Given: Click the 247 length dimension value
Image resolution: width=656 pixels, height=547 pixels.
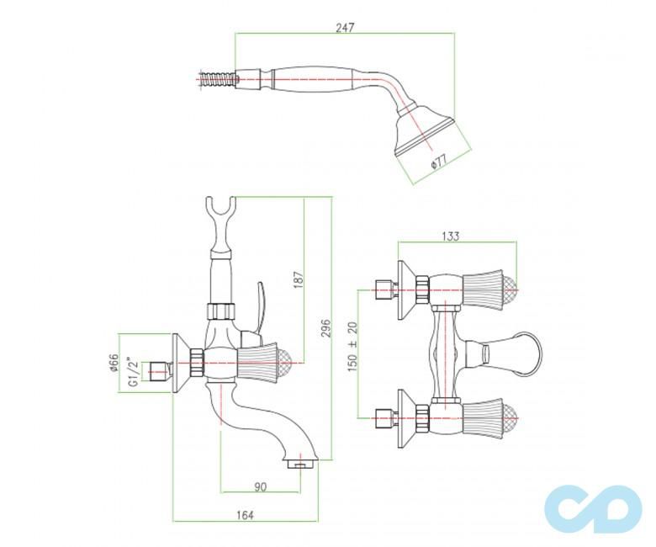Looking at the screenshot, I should pos(344,28).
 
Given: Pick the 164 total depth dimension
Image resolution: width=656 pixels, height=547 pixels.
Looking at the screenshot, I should pos(244,515).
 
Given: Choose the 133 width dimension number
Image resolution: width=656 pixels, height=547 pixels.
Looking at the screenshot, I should pos(451,236).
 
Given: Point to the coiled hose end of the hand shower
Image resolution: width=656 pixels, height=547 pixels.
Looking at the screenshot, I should pos(216,81).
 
